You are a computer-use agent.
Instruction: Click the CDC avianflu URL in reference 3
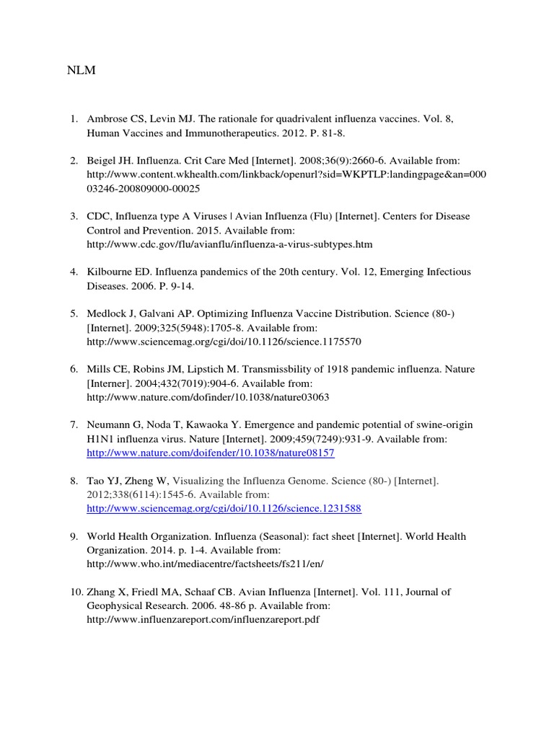(229, 244)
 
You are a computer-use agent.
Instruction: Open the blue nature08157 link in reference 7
(211, 453)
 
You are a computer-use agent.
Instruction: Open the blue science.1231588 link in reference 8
(224, 509)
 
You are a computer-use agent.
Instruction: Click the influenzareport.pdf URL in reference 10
(203, 620)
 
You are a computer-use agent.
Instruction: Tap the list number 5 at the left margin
(74, 314)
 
